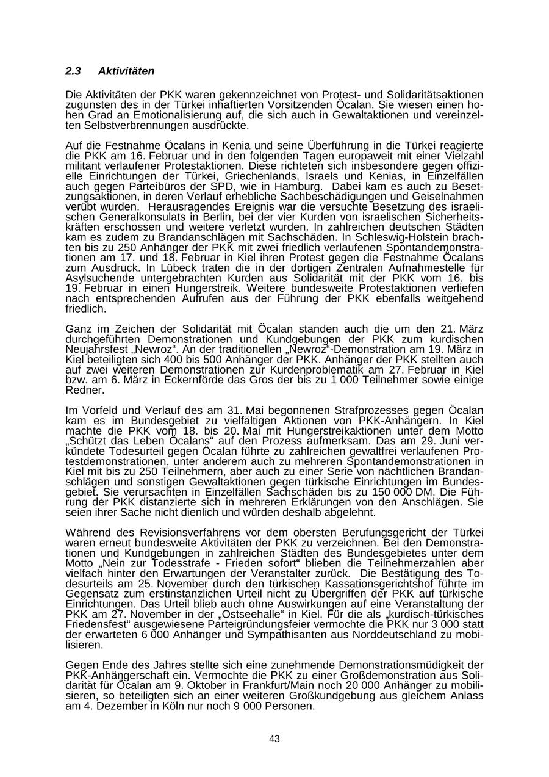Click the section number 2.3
(x=73, y=71)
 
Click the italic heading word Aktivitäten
(x=126, y=71)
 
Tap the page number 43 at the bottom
(x=274, y=739)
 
